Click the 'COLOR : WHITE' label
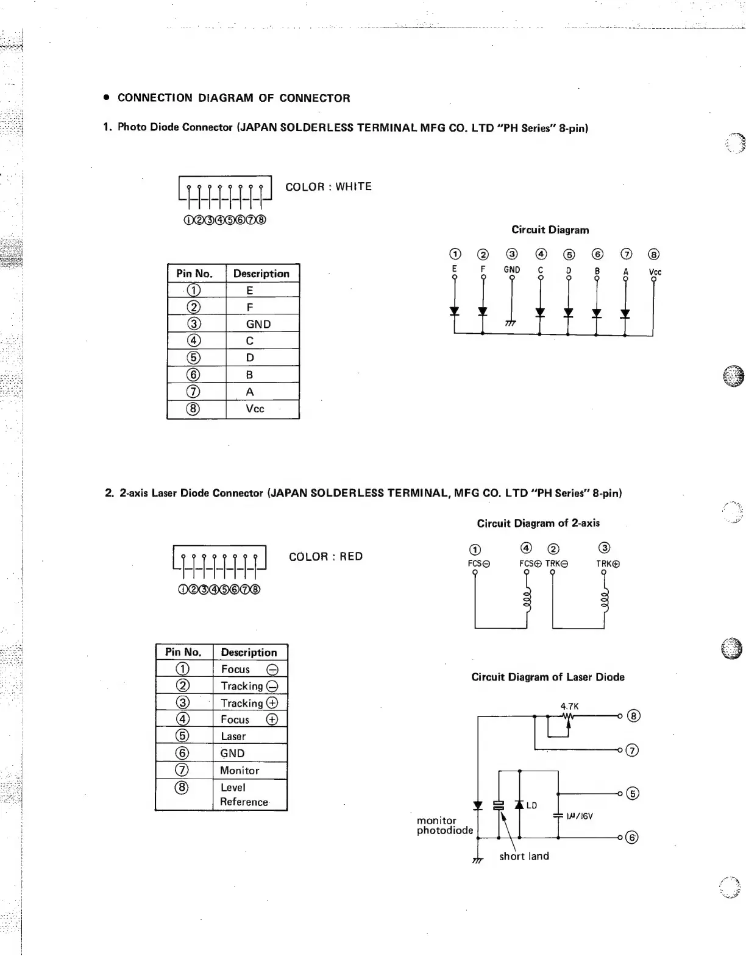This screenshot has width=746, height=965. click(328, 187)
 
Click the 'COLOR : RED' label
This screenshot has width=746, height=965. click(325, 557)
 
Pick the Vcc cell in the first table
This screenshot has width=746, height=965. click(255, 409)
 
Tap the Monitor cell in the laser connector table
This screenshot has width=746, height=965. click(240, 771)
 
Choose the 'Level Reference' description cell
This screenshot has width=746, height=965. click(244, 795)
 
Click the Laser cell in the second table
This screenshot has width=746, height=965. click(233, 737)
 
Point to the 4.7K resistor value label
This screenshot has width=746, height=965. click(569, 707)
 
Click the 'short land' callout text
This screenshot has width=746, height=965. click(524, 857)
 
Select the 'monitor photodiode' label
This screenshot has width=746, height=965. click(444, 825)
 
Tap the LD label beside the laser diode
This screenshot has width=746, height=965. click(531, 806)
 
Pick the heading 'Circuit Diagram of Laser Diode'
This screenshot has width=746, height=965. click(548, 677)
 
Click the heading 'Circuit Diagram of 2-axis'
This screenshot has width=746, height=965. click(538, 523)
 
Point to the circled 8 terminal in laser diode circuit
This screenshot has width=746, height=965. click(634, 716)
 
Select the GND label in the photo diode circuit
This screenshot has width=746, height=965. click(512, 270)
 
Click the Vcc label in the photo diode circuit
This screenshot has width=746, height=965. click(655, 272)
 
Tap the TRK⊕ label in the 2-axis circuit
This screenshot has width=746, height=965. click(608, 564)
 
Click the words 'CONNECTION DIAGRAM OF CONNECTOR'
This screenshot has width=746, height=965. click(233, 98)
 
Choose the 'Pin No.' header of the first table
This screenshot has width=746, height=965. click(194, 274)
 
